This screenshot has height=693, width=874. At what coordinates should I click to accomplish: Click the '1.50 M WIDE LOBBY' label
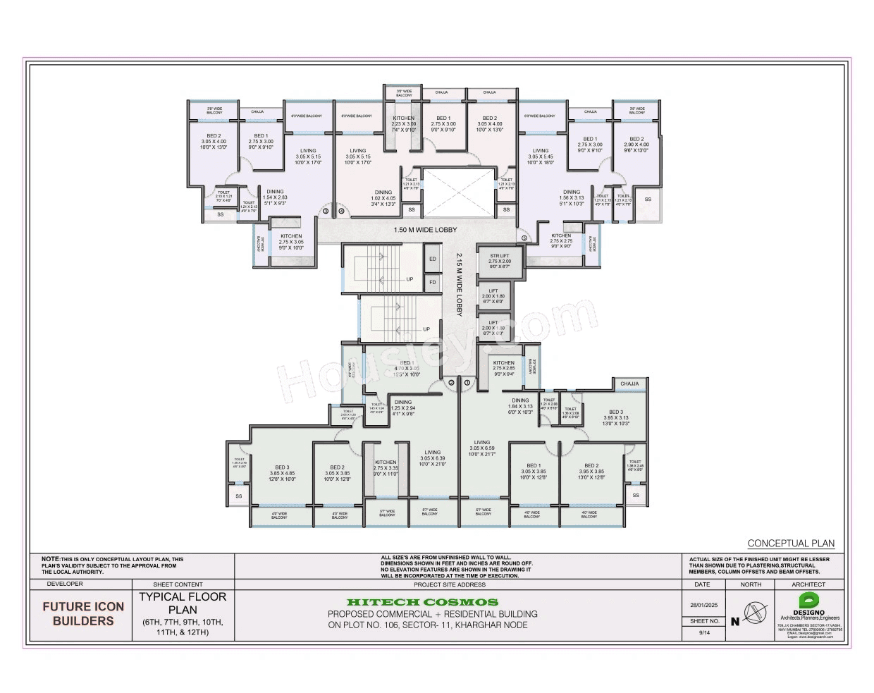pos(425,230)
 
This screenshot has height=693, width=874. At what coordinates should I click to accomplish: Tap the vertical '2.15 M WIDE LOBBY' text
pos(459,284)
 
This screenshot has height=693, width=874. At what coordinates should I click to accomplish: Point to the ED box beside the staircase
pos(433,259)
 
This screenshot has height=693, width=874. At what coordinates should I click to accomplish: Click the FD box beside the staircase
pos(433,283)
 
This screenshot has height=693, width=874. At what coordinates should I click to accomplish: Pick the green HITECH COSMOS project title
pos(422,602)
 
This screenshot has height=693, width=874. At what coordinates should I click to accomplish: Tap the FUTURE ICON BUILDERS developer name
pos(83,613)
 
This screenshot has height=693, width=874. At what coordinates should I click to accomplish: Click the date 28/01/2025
pos(703,605)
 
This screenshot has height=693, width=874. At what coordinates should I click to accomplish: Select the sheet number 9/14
pos(703,633)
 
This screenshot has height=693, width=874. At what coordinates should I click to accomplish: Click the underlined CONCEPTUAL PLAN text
pos(791,544)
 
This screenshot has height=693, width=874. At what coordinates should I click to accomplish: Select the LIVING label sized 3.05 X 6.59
pos(482,448)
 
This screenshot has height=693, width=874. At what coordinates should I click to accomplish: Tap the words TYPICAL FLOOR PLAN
pos(183,603)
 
